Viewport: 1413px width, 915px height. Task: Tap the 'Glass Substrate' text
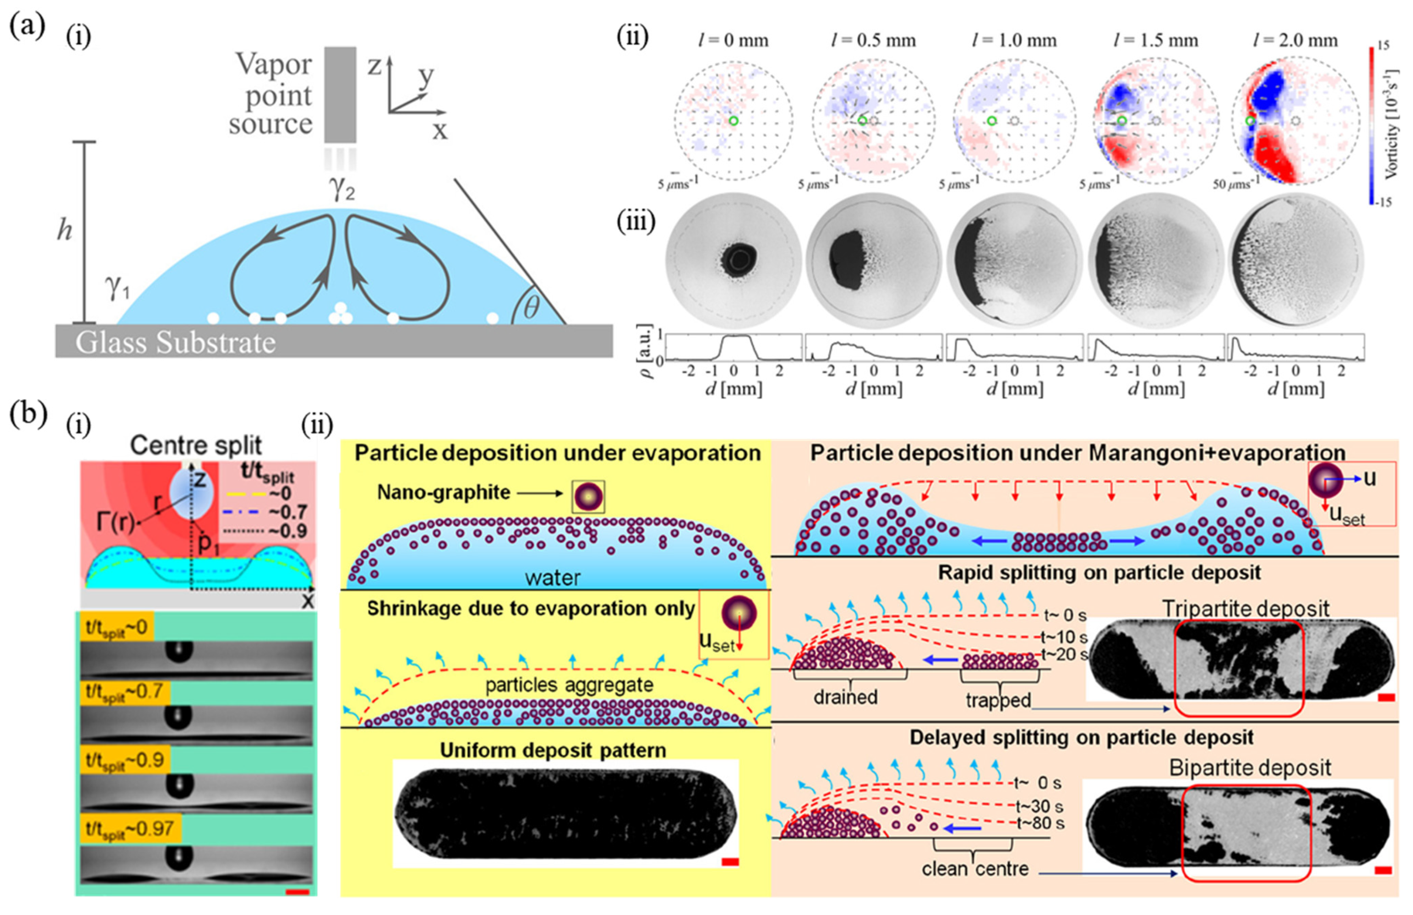176,343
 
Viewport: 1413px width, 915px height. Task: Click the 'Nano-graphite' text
444,492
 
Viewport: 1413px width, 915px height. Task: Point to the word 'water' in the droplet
552,577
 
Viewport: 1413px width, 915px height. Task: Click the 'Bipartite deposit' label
1250,768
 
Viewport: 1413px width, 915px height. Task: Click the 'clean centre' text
975,869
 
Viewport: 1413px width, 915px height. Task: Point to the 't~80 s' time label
1040,823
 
